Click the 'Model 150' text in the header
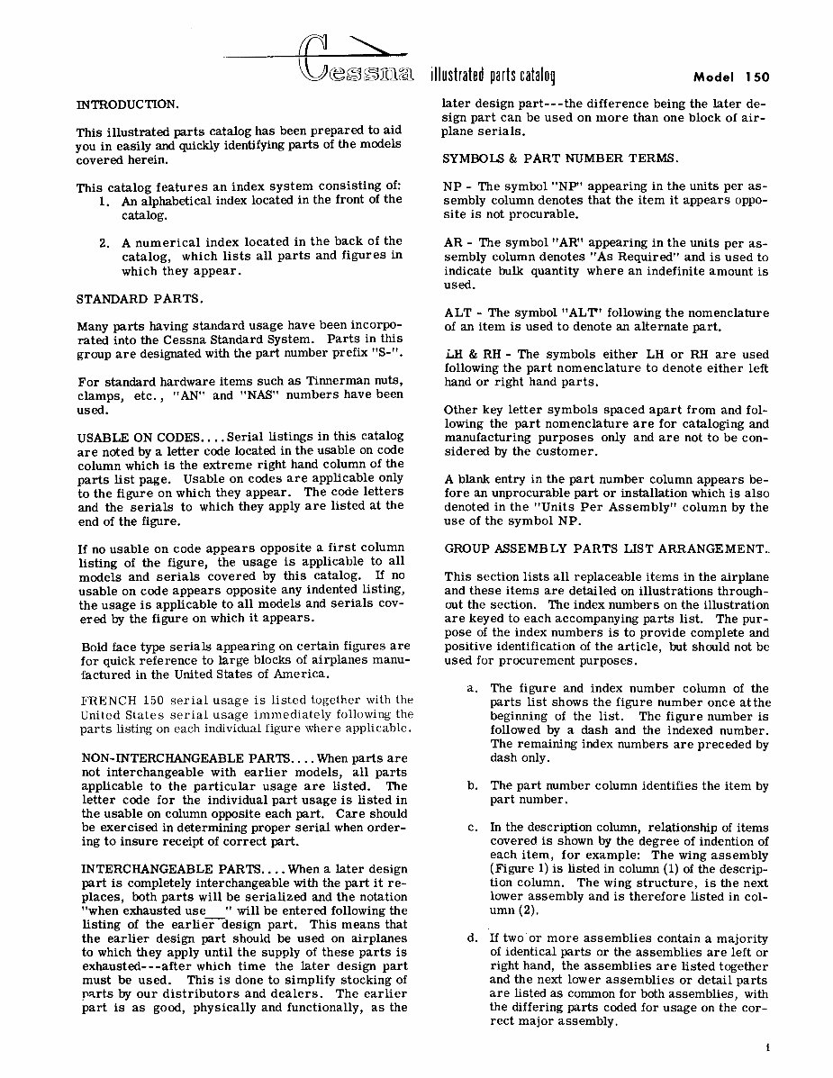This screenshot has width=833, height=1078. (x=730, y=77)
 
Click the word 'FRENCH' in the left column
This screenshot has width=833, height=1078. (x=108, y=700)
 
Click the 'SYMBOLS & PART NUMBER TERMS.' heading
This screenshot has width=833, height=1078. (x=561, y=159)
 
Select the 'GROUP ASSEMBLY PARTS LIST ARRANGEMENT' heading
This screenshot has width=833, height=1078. (x=605, y=548)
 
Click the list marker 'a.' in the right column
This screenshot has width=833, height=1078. (x=472, y=689)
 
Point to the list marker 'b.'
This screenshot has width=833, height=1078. (x=472, y=785)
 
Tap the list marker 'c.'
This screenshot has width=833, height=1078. (x=472, y=828)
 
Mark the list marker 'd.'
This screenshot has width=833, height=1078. (x=472, y=938)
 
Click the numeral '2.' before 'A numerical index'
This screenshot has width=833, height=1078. (x=104, y=241)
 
